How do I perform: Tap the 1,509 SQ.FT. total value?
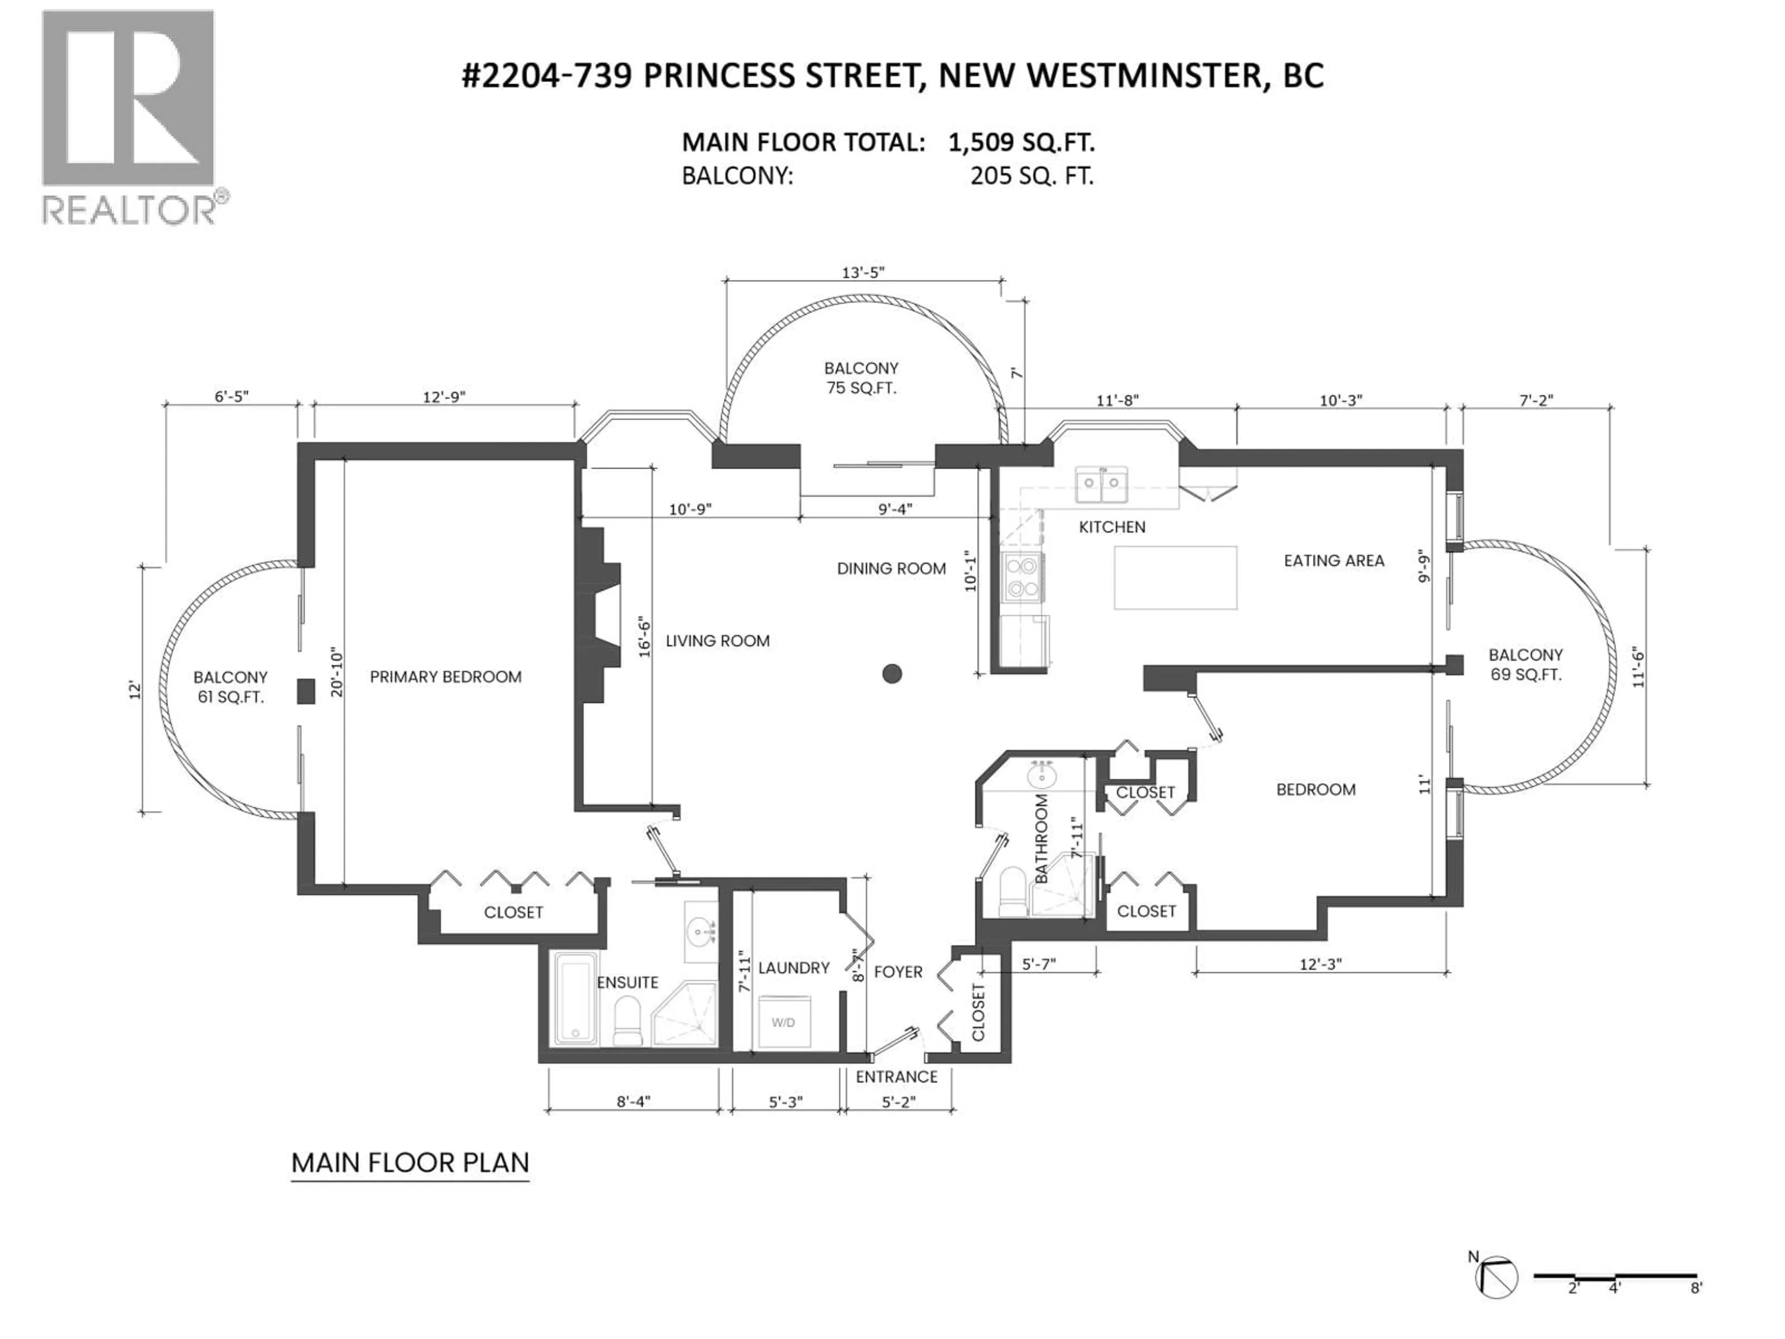1021,143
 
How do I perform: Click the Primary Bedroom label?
445,677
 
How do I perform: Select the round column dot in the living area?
892,673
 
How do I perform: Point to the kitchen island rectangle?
1175,578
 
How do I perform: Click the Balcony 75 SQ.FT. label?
861,378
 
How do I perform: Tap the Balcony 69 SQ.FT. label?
1525,664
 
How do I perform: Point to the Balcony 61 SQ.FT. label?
230,687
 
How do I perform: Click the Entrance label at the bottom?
897,1077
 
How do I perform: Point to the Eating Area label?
1334,560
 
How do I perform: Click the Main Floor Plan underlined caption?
410,1163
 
